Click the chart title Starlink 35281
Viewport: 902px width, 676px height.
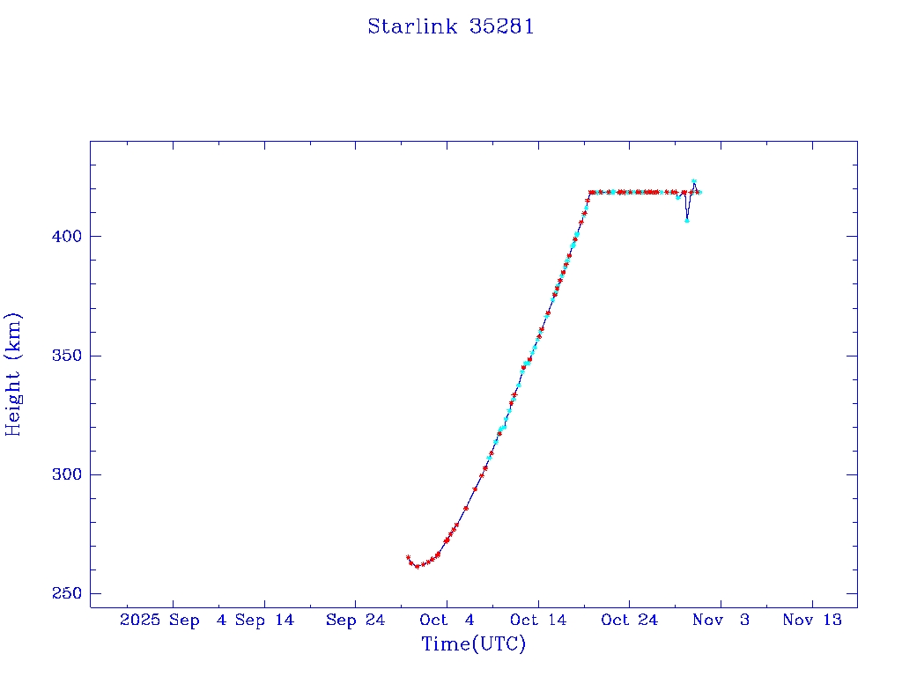coord(451,26)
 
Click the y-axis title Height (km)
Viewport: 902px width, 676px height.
coord(13,374)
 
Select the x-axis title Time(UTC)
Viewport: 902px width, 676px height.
coord(474,644)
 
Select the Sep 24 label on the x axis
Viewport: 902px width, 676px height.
coord(355,620)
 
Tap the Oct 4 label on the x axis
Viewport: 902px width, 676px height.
coord(447,620)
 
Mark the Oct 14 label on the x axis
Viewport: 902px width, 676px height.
coord(538,620)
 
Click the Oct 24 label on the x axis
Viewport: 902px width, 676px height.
coord(629,620)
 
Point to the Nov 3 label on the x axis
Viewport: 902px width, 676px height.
coord(721,620)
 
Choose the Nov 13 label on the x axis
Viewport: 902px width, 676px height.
coord(812,620)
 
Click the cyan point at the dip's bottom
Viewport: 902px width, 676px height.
coord(686,220)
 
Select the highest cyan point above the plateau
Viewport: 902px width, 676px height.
coord(694,181)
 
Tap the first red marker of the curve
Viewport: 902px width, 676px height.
coord(408,557)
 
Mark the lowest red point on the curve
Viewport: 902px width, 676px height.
coord(417,566)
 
